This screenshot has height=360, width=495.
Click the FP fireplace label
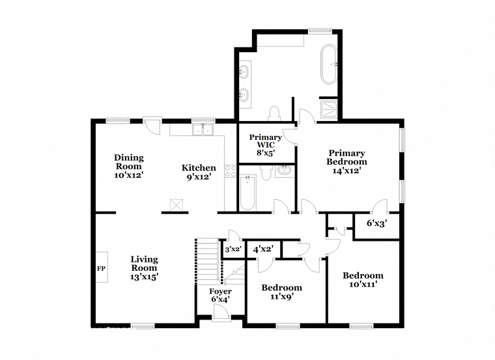(x=101, y=268)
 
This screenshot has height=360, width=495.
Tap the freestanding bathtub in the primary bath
(x=329, y=64)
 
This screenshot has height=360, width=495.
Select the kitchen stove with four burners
(x=230, y=171)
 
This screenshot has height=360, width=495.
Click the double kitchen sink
(x=203, y=130)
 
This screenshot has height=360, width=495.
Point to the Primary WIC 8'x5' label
(x=266, y=145)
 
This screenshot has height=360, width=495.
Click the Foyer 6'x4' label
(x=220, y=296)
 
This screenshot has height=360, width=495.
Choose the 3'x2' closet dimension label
(x=233, y=249)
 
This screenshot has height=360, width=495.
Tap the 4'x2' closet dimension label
(x=263, y=249)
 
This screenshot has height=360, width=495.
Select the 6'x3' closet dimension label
(x=376, y=223)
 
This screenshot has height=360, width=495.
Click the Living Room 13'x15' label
(x=145, y=268)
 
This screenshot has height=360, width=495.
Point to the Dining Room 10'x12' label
(x=129, y=166)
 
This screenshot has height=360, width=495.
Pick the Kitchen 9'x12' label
(x=199, y=173)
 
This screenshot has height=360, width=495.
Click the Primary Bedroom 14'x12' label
(x=346, y=162)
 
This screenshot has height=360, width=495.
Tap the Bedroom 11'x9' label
(x=281, y=292)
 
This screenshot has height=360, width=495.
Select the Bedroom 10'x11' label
(x=363, y=280)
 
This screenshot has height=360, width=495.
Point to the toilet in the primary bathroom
(x=274, y=113)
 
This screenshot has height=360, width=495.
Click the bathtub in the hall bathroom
(x=247, y=193)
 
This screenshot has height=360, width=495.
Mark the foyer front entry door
(x=221, y=314)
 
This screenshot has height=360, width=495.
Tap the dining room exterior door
(x=152, y=125)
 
